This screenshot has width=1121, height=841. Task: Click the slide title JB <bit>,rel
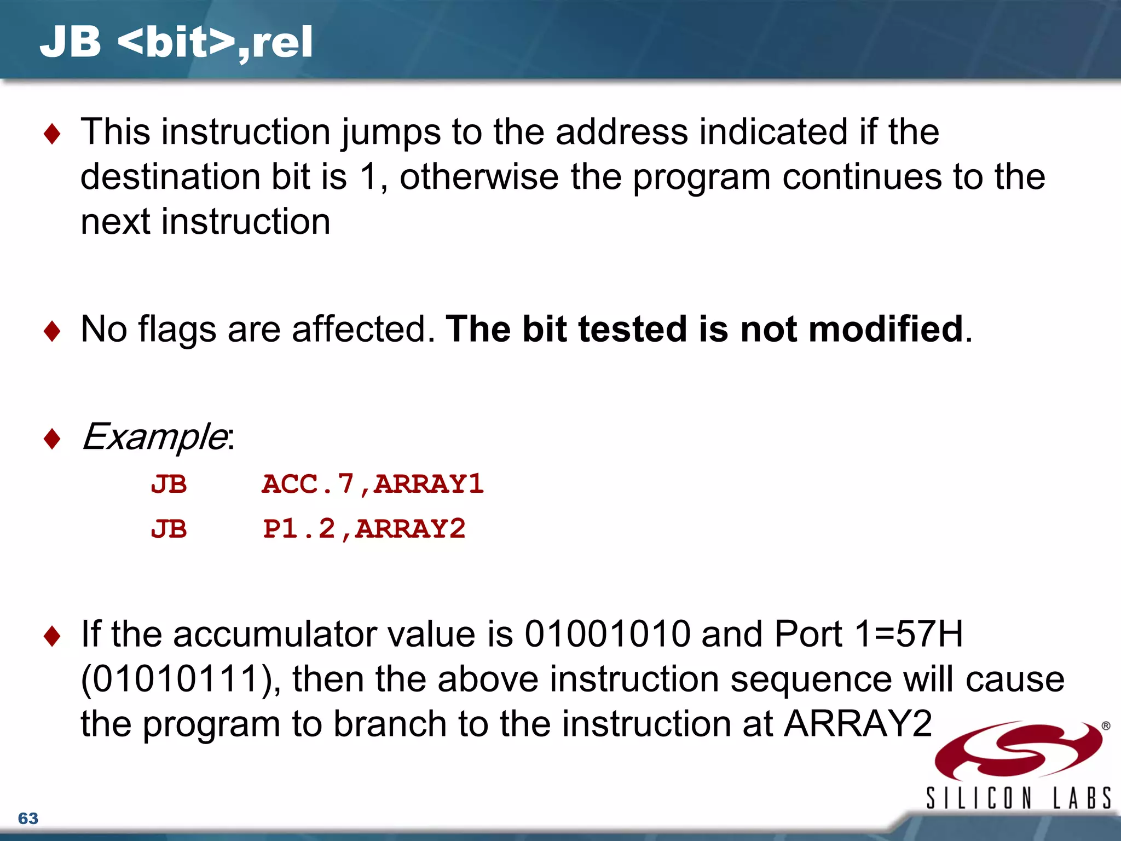click(176, 42)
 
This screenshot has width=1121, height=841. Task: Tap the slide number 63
click(28, 818)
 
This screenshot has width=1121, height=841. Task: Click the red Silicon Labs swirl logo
click(1018, 750)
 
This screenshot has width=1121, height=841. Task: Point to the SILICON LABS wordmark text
click(1018, 798)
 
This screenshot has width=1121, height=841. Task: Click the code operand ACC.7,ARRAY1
click(373, 484)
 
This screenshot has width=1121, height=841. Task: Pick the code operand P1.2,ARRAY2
click(364, 529)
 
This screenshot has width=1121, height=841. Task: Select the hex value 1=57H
click(909, 634)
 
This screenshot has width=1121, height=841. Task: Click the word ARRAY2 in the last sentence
click(857, 724)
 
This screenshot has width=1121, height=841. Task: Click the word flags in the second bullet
click(177, 329)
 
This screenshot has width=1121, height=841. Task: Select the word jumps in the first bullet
click(391, 133)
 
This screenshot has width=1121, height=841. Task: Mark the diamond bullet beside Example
click(52, 439)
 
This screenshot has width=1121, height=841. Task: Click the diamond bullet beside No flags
click(52, 331)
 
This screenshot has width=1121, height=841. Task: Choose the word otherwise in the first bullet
click(479, 177)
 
